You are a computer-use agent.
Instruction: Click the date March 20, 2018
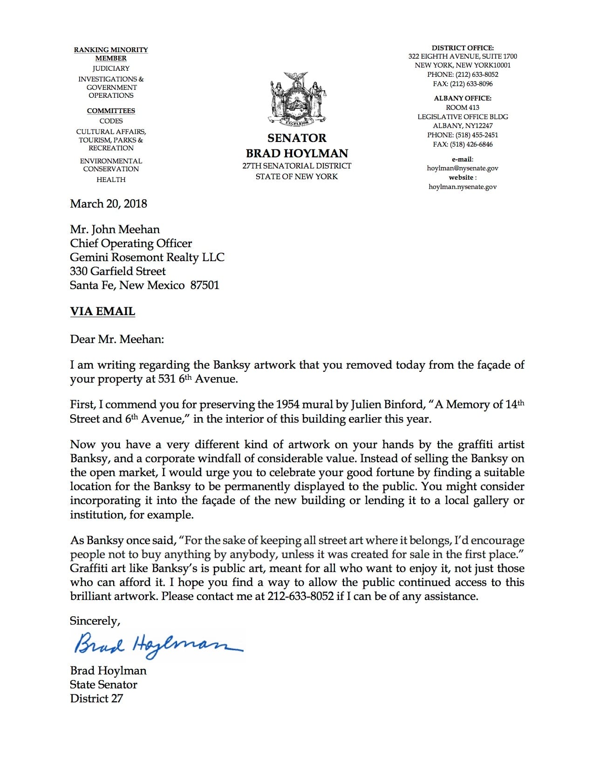pos(108,204)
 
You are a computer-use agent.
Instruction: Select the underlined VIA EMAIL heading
pos(102,311)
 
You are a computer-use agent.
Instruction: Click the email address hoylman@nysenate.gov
pos(462,168)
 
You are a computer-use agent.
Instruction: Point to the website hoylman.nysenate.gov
pos(462,187)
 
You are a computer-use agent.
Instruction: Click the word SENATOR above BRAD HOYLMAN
pos(297,138)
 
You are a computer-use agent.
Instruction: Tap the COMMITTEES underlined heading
pos(111,111)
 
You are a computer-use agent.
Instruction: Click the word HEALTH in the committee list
pos(111,180)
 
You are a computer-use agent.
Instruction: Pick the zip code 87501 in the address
pos(205,285)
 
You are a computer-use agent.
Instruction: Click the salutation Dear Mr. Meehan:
pos(117,339)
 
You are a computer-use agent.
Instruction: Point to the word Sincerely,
pos(95,621)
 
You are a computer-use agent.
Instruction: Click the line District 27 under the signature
pos(96,698)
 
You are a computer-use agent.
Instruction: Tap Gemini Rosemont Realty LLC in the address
pos(147,257)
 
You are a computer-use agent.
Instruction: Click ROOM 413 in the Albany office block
pos(462,108)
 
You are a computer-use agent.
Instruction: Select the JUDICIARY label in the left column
pos(111,68)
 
